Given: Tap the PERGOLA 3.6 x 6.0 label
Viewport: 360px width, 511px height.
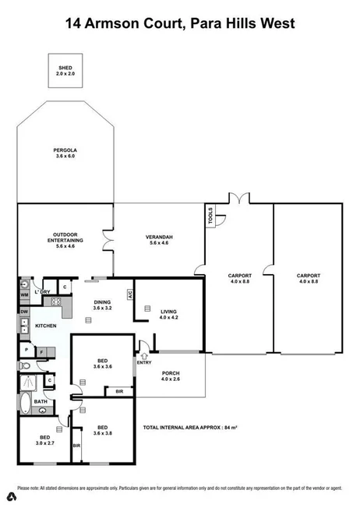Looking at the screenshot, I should (x=65, y=153).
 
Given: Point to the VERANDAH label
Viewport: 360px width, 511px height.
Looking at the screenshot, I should (x=158, y=239).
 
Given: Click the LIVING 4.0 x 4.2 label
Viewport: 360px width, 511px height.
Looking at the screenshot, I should (x=169, y=313).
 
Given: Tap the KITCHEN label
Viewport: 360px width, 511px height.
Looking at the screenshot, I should (x=45, y=326).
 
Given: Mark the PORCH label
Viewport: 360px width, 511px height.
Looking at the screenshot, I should (x=171, y=375).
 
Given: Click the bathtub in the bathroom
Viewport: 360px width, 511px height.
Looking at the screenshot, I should (x=24, y=404).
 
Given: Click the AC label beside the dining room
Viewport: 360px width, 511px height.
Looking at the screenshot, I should (x=131, y=295).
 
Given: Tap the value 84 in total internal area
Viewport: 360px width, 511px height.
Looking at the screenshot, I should (x=226, y=428).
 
